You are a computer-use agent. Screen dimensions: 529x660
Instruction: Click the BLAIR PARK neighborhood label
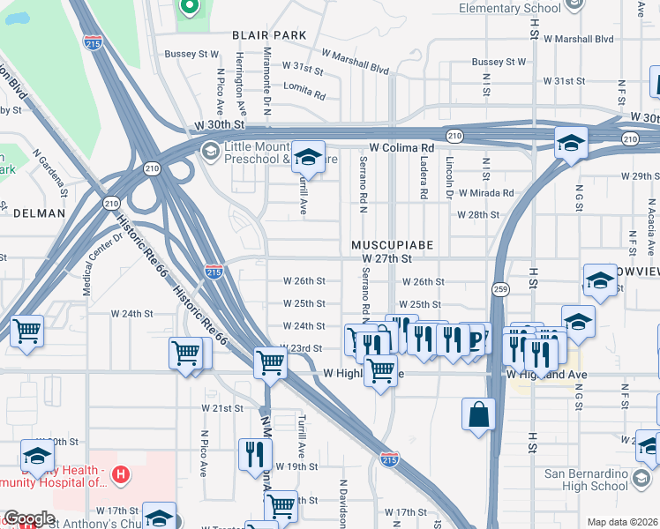[269, 35]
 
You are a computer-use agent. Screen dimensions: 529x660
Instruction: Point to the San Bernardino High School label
[586, 480]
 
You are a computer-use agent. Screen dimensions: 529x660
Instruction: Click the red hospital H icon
[122, 476]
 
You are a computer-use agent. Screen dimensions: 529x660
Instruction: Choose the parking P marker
[477, 337]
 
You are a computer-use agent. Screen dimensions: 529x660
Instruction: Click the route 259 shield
[500, 289]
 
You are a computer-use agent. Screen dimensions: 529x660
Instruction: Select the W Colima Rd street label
[401, 147]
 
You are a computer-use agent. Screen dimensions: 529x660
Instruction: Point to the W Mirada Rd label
[484, 193]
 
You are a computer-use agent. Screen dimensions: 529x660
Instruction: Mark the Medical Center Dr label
[102, 264]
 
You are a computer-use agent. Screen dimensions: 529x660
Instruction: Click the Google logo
[29, 518]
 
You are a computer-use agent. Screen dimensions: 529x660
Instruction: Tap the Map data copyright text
[621, 522]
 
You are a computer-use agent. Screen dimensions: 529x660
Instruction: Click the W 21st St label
[221, 408]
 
